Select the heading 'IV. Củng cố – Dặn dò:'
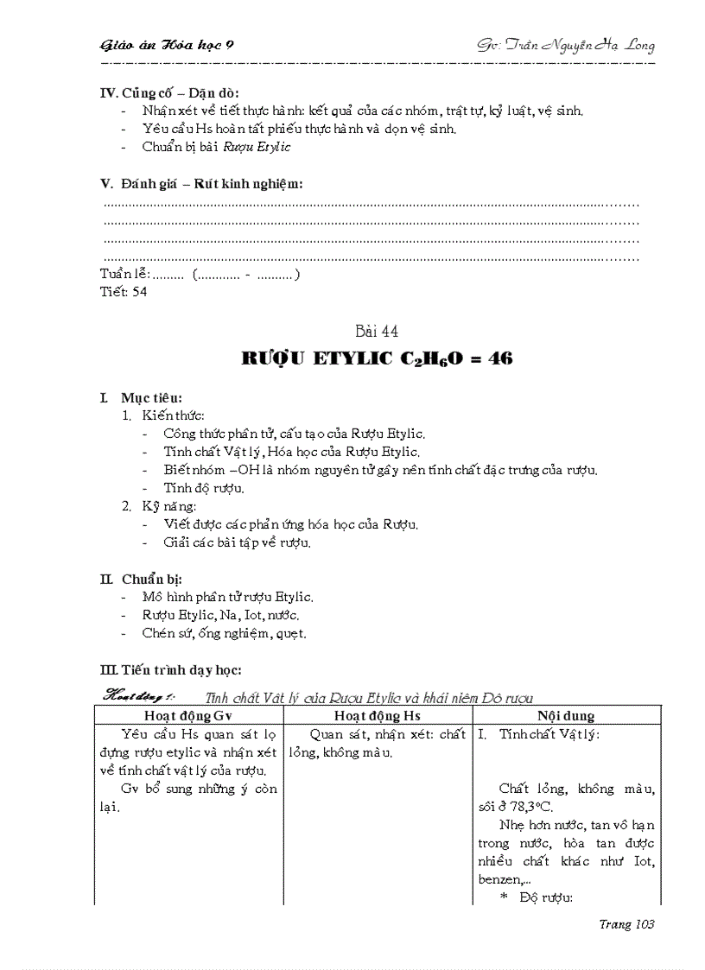point(170,93)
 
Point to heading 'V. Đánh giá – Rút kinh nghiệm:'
point(202,183)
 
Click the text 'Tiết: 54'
point(124,292)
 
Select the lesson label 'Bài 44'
point(378,332)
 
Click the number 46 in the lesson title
point(497,358)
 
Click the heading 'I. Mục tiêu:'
point(142,398)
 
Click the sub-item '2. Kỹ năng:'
point(160,506)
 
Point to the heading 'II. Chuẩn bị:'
point(142,579)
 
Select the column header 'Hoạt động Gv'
point(188,716)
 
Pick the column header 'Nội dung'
point(565,716)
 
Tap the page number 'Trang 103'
point(626,924)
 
